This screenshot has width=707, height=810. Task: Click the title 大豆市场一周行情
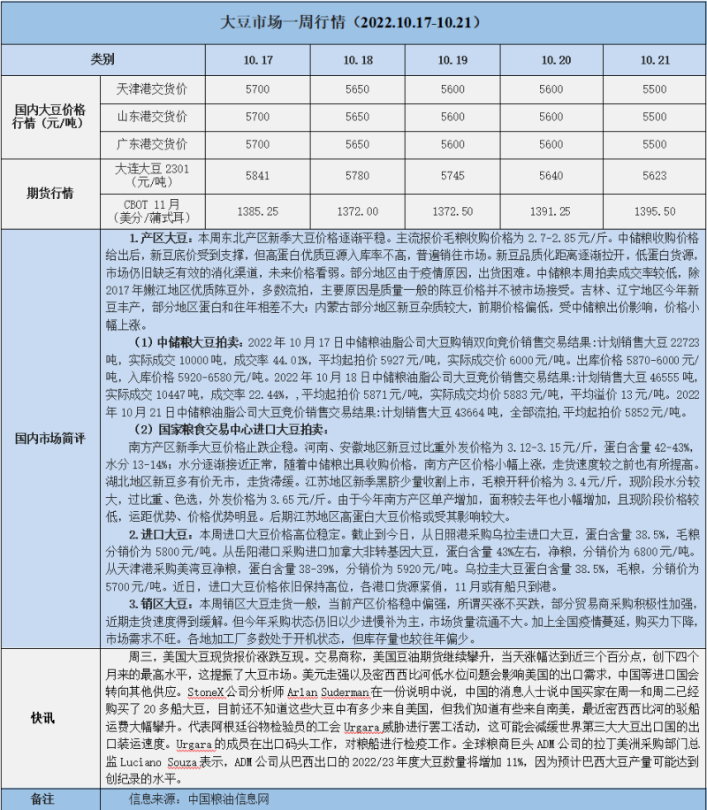[353, 21]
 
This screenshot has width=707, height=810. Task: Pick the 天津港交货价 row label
[152, 89]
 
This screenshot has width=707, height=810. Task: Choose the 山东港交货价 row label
[152, 117]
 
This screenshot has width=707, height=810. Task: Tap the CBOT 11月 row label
[152, 212]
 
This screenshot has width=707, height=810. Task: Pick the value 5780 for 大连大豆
[360, 175]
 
